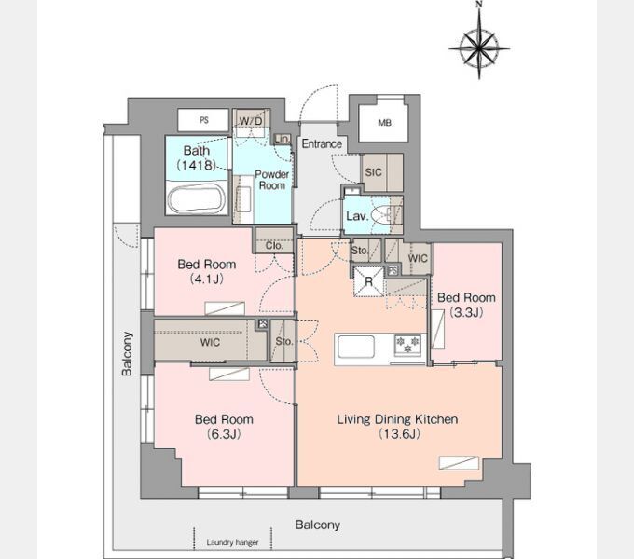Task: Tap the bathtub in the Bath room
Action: (x=197, y=198)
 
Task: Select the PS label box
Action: (x=204, y=120)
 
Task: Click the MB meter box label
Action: (x=384, y=123)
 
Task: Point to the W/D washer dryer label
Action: (x=251, y=121)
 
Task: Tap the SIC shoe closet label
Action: (x=373, y=172)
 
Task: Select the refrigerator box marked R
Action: (x=368, y=281)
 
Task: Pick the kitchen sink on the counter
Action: (x=356, y=347)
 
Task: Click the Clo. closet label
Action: (x=274, y=246)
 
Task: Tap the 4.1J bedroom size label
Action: (x=207, y=279)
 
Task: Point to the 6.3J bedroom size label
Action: (x=224, y=434)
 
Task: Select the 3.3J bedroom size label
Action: (x=466, y=313)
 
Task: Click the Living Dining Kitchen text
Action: (x=397, y=419)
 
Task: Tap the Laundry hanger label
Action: (x=232, y=542)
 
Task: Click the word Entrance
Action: (x=322, y=143)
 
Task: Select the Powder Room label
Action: (x=271, y=180)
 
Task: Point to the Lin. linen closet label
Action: (x=282, y=139)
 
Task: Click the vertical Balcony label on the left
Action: (x=127, y=354)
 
